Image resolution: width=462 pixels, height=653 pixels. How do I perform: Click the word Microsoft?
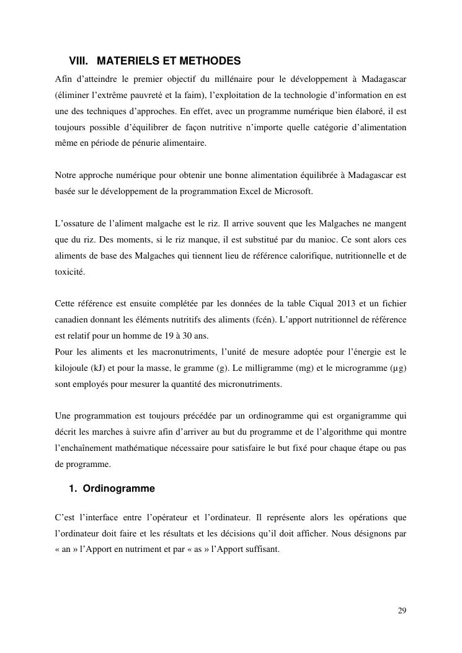pos(294,191)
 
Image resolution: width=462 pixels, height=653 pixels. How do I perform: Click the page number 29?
pos(401,610)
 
